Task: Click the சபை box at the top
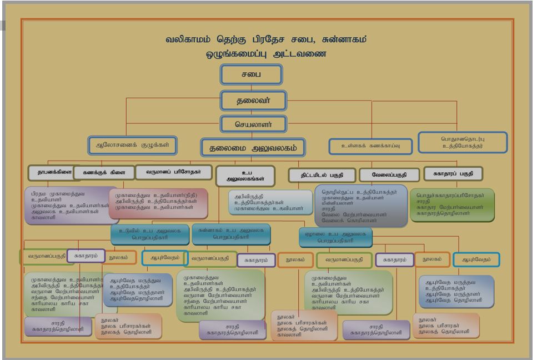251,74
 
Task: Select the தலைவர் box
253,101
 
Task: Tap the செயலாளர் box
253,123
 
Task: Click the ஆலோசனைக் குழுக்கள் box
133,145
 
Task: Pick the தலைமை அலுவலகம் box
253,148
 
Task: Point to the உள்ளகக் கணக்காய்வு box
371,146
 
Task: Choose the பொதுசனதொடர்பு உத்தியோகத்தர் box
463,142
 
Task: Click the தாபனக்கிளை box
51,172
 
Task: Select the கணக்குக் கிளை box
104,173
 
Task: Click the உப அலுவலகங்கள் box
245,176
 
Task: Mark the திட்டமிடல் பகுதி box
322,174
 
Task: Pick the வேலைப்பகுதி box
389,174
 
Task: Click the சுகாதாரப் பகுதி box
453,173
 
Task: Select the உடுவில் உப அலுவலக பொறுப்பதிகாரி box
150,234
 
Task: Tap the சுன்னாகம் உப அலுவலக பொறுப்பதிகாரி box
231,233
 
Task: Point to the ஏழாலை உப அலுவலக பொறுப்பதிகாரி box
335,237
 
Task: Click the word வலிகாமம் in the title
188,40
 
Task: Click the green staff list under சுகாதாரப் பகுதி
452,205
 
